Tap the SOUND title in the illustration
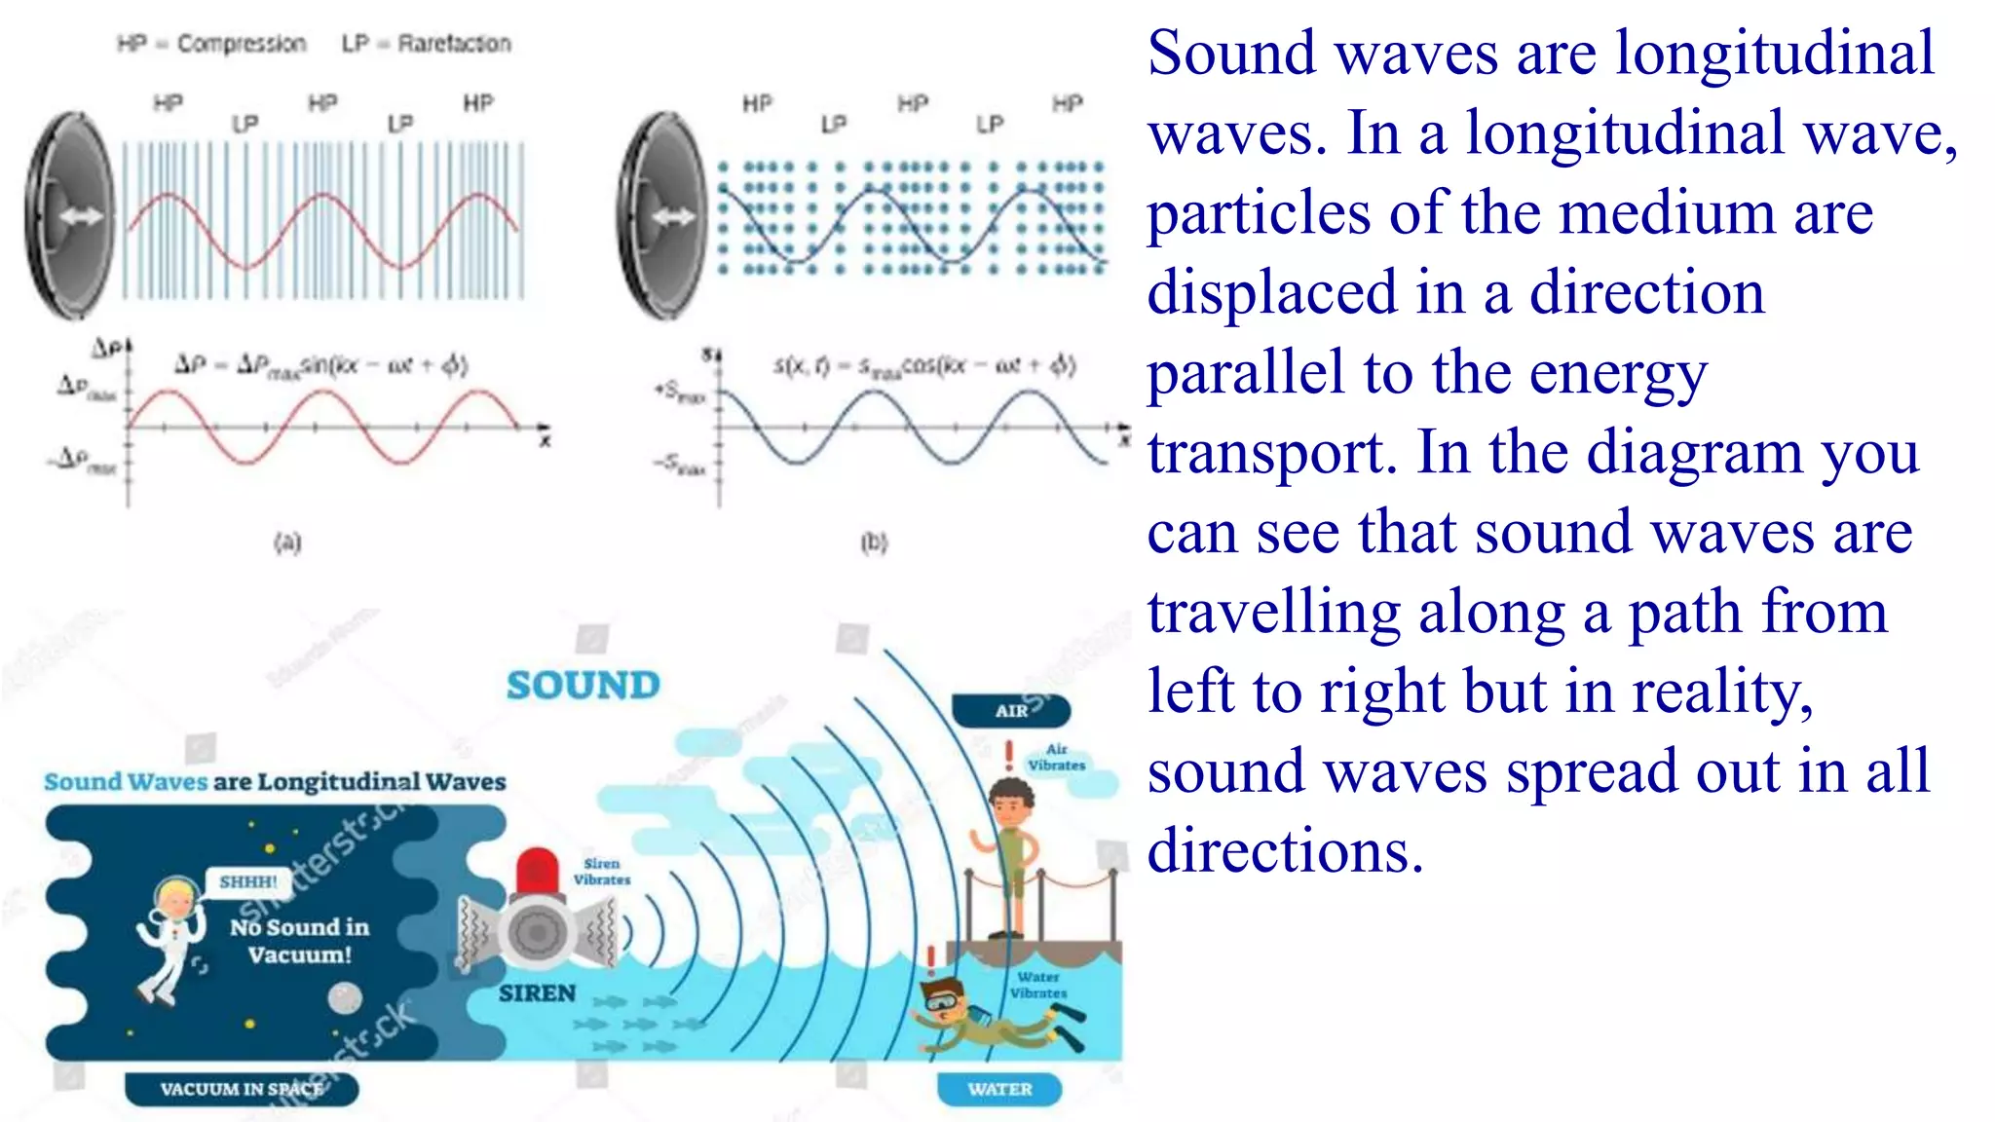pyautogui.click(x=583, y=686)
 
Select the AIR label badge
pyautogui.click(x=1011, y=711)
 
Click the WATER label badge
pyautogui.click(x=999, y=1089)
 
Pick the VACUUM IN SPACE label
pyautogui.click(x=241, y=1089)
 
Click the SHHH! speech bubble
pyautogui.click(x=248, y=881)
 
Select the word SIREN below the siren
pyautogui.click(x=537, y=993)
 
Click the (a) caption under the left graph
pyautogui.click(x=287, y=542)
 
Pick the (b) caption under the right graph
pyautogui.click(x=874, y=542)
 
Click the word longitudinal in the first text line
pyautogui.click(x=1774, y=53)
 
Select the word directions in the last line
pyautogui.click(x=1285, y=851)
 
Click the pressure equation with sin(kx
pyautogui.click(x=321, y=366)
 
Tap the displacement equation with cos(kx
pyautogui.click(x=923, y=366)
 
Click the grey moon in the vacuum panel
pyautogui.click(x=344, y=997)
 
